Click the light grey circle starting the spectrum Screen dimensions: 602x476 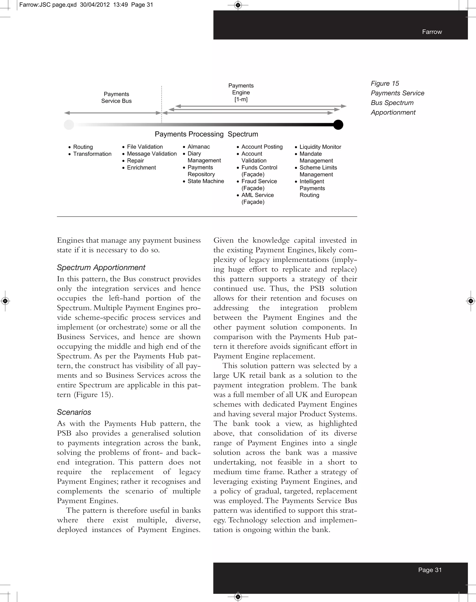tap(69, 125)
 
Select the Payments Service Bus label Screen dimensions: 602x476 tap(116, 98)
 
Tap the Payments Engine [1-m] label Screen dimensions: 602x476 tap(241, 92)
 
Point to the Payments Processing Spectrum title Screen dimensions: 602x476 tap(206, 134)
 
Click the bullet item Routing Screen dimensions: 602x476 tap(83, 147)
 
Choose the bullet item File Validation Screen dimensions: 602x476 tap(145, 147)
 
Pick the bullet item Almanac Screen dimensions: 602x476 tap(198, 147)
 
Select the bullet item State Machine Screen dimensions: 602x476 tap(206, 181)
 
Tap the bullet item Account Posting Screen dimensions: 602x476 tap(262, 147)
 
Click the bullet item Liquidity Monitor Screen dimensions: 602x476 tap(320, 147)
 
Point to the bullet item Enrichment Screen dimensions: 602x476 tap(141, 168)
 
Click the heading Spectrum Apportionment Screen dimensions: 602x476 tap(101, 267)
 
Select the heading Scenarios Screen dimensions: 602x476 tap(74, 412)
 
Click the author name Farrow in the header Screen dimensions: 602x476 tap(432, 32)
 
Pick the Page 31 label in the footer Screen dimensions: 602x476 tap(430, 570)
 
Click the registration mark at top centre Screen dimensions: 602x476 tap(238, 5)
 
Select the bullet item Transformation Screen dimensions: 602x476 tap(92, 154)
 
